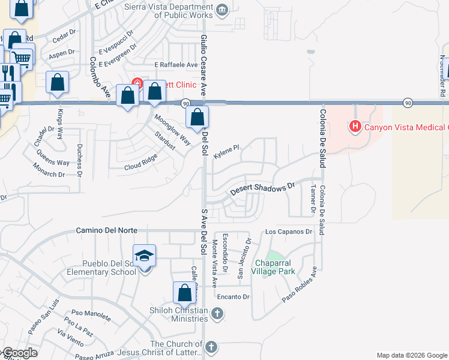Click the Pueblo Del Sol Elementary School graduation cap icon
tap(144, 256)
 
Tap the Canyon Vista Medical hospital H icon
tap(355, 127)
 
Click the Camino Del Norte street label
tap(107, 230)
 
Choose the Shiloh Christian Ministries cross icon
tap(218, 313)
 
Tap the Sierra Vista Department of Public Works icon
tap(223, 9)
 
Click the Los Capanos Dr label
tap(289, 231)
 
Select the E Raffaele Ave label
tap(176, 65)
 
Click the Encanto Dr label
tap(233, 296)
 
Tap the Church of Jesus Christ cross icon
tap(211, 347)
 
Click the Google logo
tap(20, 353)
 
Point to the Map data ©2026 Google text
tap(412, 355)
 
